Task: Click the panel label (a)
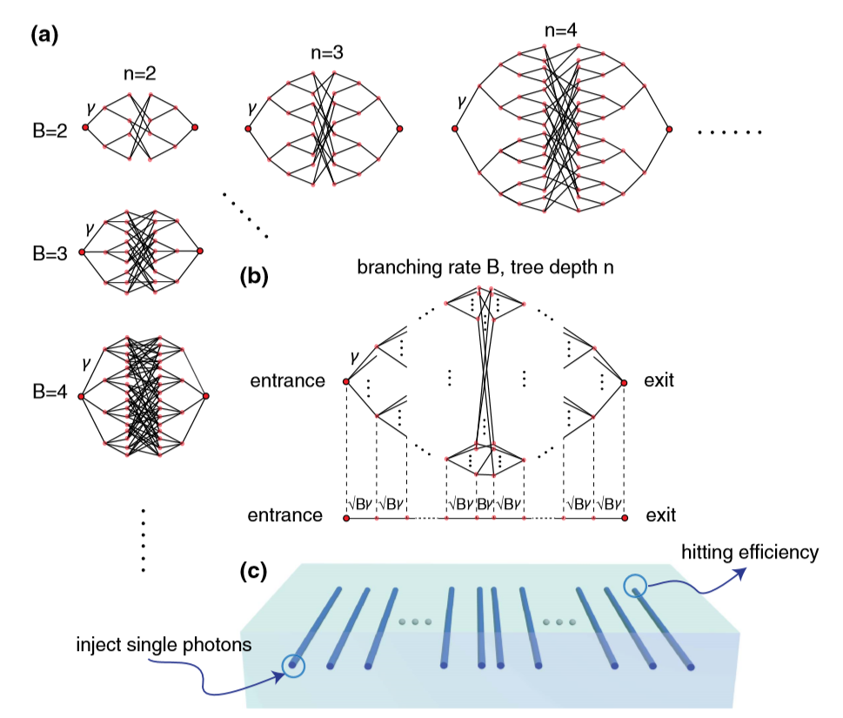(43, 36)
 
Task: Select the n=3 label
(325, 52)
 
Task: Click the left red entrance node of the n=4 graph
(454, 130)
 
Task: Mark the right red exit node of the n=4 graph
(670, 130)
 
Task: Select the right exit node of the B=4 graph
(206, 397)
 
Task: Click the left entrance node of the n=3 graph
(248, 130)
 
